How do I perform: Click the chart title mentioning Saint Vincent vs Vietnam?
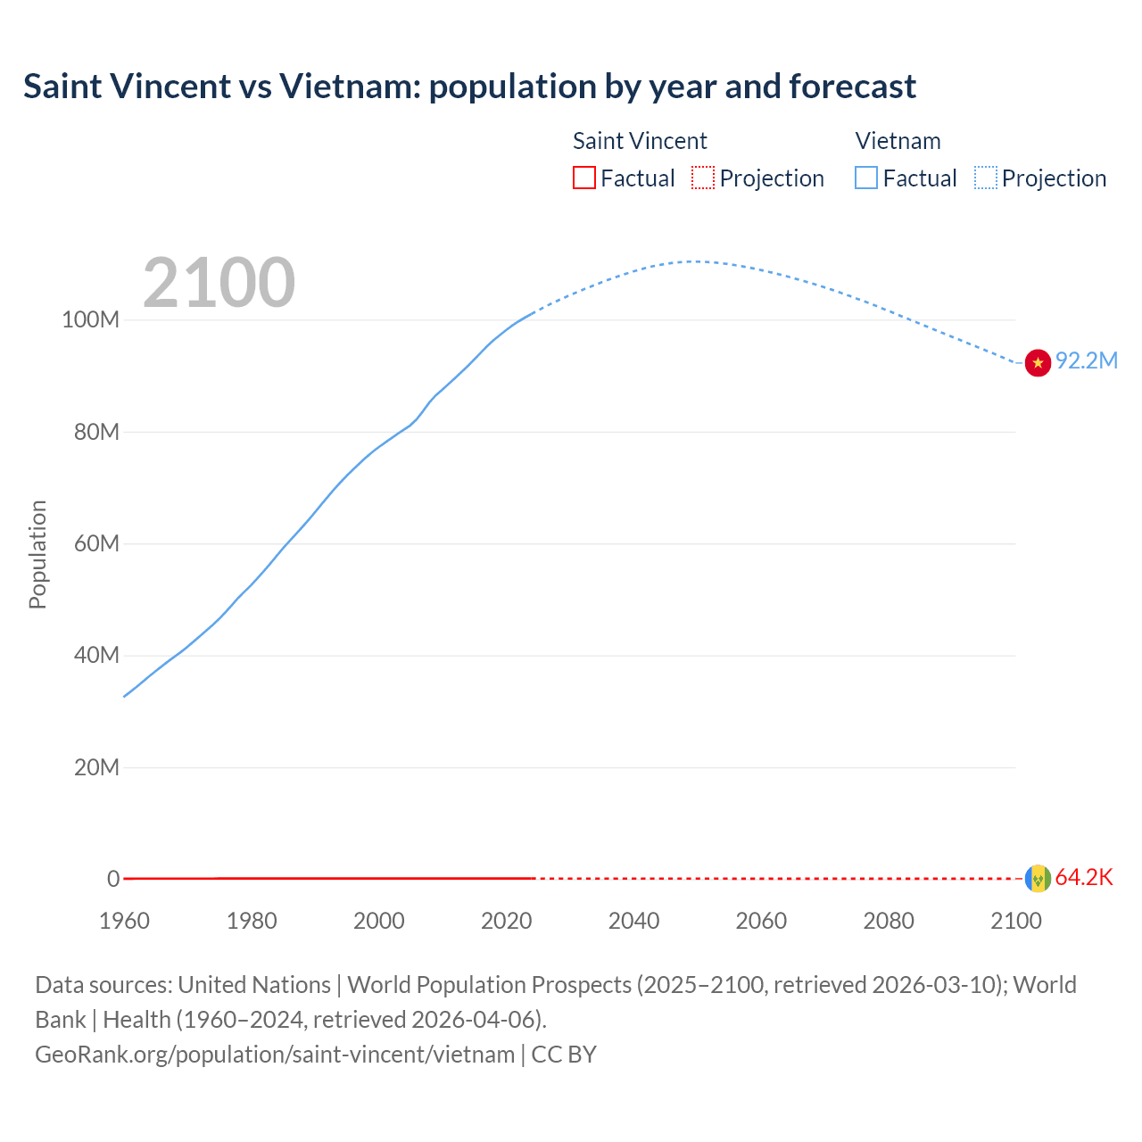pyautogui.click(x=469, y=87)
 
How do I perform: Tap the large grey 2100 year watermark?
pyautogui.click(x=219, y=283)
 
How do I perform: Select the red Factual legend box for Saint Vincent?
pyautogui.click(x=583, y=178)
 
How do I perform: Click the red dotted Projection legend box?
pyautogui.click(x=703, y=178)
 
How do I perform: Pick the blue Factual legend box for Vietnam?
pyautogui.click(x=865, y=178)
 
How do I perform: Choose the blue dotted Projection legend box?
pyautogui.click(x=985, y=178)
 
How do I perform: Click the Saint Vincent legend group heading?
pyautogui.click(x=640, y=141)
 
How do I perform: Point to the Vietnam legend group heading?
pyautogui.click(x=898, y=141)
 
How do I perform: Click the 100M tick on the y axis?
pyautogui.click(x=90, y=320)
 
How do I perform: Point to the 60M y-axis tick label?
pyautogui.click(x=95, y=544)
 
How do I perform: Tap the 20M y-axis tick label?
pyautogui.click(x=95, y=768)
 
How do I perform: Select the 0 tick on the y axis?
pyautogui.click(x=113, y=880)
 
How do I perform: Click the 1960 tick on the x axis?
pyautogui.click(x=124, y=921)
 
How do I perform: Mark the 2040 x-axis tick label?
pyautogui.click(x=633, y=921)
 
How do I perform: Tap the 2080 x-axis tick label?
pyautogui.click(x=889, y=921)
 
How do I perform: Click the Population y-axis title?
pyautogui.click(x=37, y=554)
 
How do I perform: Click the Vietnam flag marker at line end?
pyautogui.click(x=1038, y=362)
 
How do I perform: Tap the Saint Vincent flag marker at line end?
pyautogui.click(x=1038, y=879)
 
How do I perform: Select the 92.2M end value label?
pyautogui.click(x=1086, y=360)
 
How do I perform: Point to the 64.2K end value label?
pyautogui.click(x=1084, y=878)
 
